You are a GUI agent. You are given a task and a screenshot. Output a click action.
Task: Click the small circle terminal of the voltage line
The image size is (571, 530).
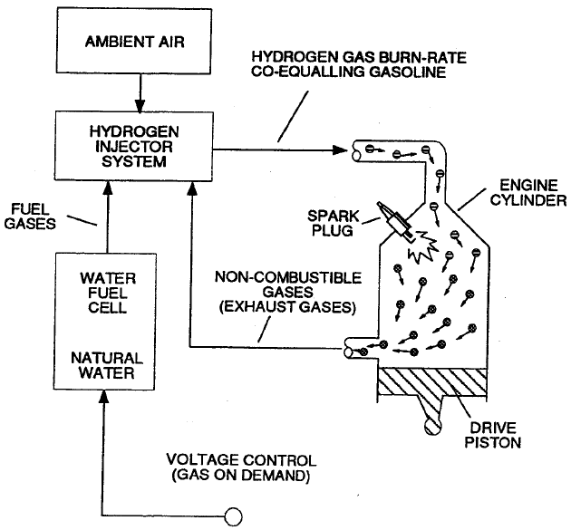[233, 516]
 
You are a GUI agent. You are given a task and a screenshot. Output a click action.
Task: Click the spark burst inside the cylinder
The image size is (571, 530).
[426, 252]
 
